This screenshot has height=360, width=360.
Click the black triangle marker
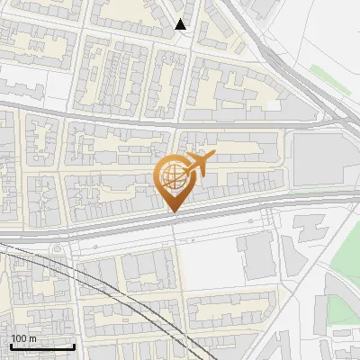tap(181, 24)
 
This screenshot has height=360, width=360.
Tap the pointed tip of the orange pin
tap(173, 212)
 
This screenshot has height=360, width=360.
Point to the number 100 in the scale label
tap(20, 338)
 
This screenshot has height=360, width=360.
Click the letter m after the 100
tap(33, 338)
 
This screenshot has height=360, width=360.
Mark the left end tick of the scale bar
tap(11, 346)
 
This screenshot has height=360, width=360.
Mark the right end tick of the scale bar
tap(74, 346)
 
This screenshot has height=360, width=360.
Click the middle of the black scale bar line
tap(42, 347)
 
